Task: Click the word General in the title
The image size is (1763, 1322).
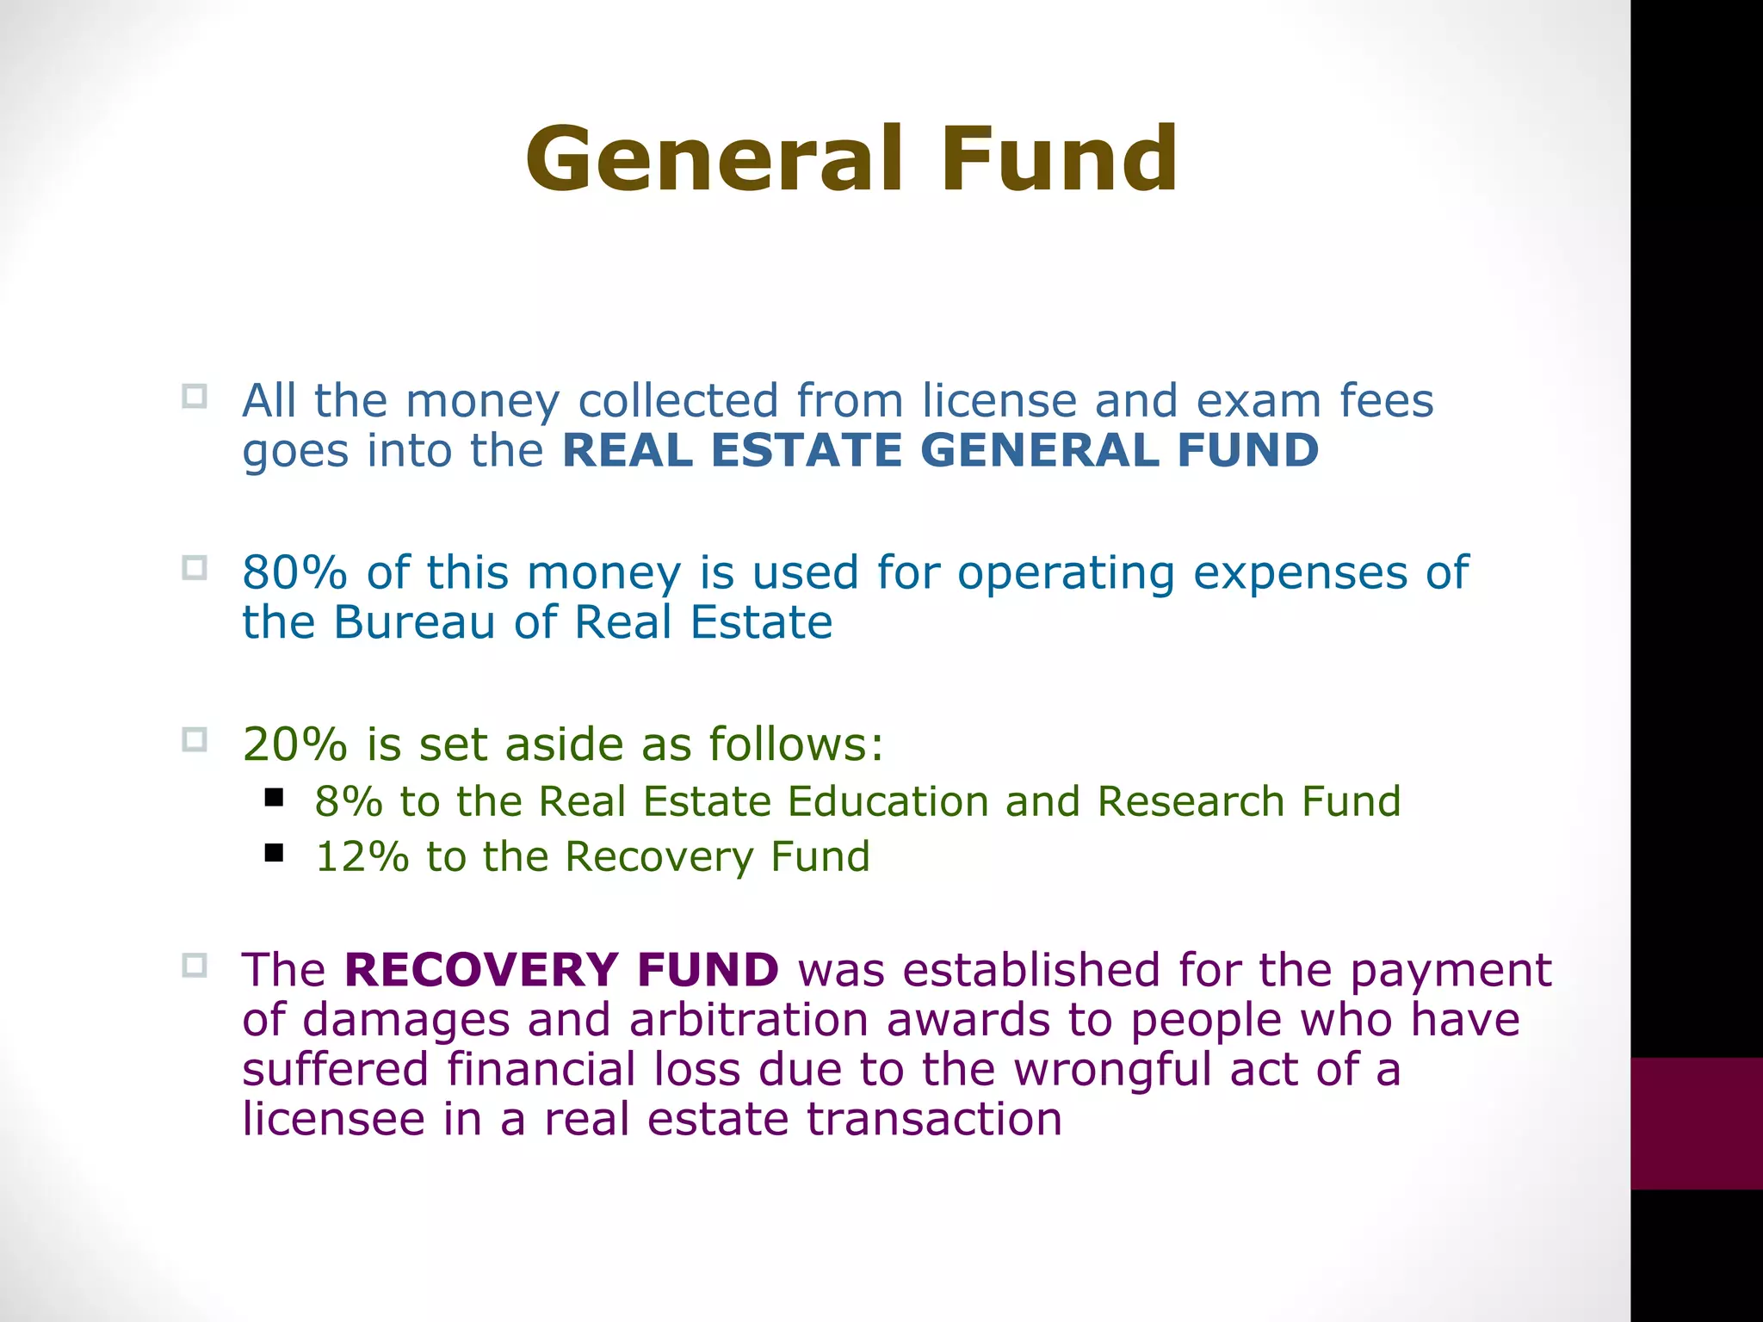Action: pos(714,159)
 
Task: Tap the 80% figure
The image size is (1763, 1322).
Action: pos(294,572)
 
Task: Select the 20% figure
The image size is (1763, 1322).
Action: pos(294,744)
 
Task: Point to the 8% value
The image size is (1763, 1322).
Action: pos(349,802)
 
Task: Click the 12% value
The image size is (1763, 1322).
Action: pos(362,857)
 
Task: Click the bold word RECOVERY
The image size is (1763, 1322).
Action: pos(481,970)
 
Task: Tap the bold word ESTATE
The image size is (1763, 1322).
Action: pos(807,450)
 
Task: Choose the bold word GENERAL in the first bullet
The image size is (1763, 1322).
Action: pos(1039,450)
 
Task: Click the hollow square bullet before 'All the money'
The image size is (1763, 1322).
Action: pos(195,396)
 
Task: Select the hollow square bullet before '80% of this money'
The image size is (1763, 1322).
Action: pos(195,568)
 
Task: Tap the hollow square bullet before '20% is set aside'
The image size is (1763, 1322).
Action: pos(195,739)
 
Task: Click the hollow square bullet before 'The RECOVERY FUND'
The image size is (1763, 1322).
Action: pos(195,965)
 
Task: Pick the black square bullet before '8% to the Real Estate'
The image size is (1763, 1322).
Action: pos(274,798)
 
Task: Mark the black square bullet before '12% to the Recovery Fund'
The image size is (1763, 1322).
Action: pos(274,853)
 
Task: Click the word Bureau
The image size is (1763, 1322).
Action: pos(414,622)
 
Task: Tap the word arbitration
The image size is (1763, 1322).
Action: pos(748,1020)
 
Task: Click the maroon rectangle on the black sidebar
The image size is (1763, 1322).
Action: pos(1696,1123)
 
